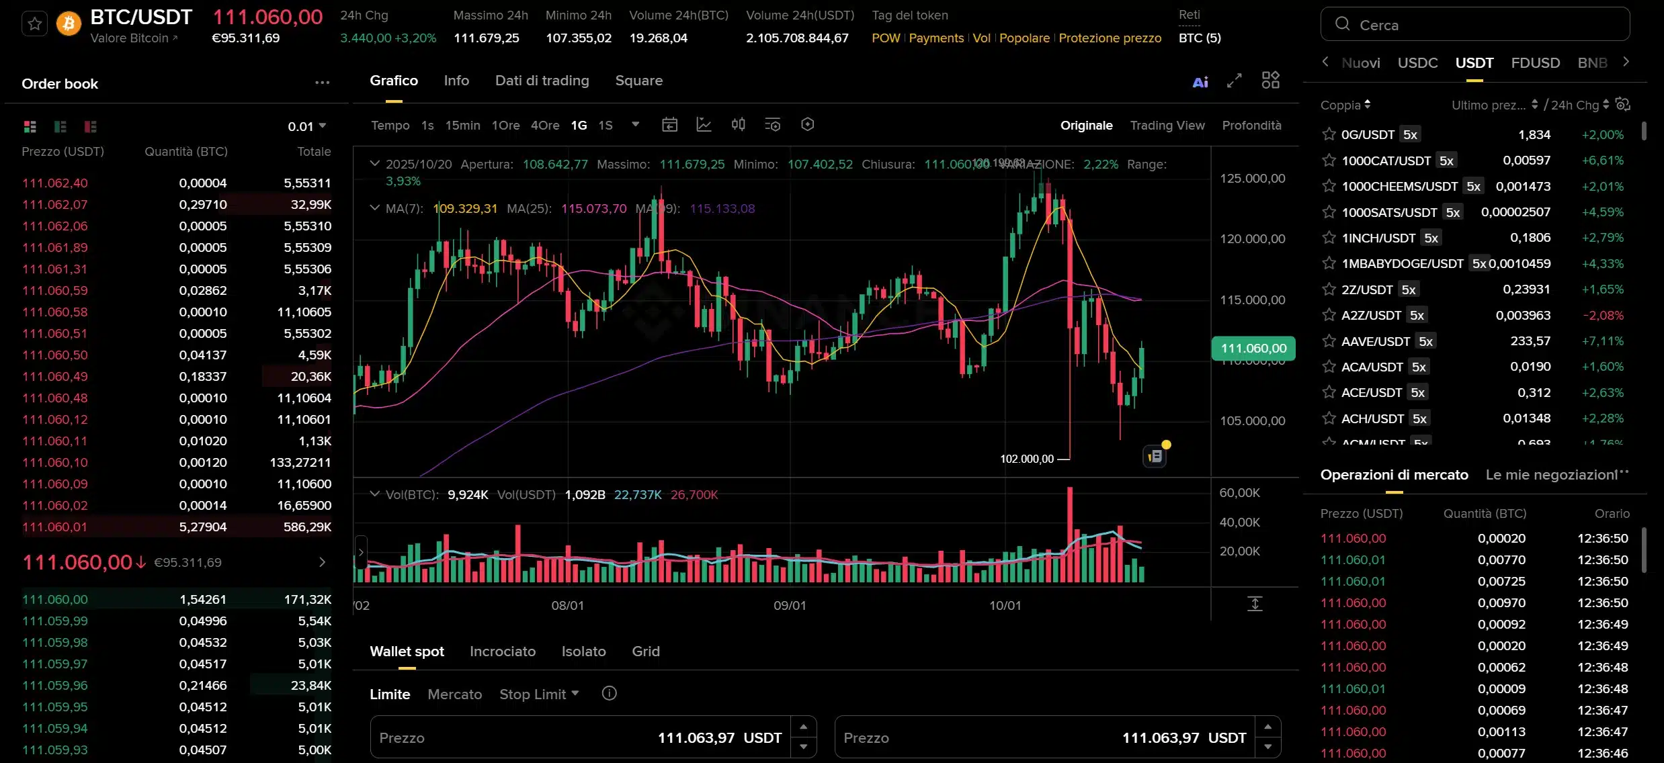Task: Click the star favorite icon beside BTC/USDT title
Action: click(35, 25)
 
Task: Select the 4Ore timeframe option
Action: click(544, 126)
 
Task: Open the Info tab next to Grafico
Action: click(456, 81)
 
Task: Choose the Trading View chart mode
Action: click(1167, 126)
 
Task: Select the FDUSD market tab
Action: click(1535, 63)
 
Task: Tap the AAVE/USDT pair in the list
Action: click(1375, 341)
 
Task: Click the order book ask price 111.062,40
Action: click(55, 183)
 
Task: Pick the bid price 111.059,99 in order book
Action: click(55, 621)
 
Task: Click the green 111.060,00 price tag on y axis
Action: click(1253, 348)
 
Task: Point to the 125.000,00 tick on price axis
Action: click(1252, 178)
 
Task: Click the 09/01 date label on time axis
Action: click(790, 605)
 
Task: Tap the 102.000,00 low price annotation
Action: click(1027, 459)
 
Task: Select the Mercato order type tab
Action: click(454, 694)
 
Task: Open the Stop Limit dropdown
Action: click(539, 694)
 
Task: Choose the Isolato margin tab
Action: click(583, 652)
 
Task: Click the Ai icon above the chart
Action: click(1200, 82)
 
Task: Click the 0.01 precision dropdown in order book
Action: click(306, 126)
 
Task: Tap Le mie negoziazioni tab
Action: click(1552, 475)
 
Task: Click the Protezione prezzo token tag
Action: click(1110, 38)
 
